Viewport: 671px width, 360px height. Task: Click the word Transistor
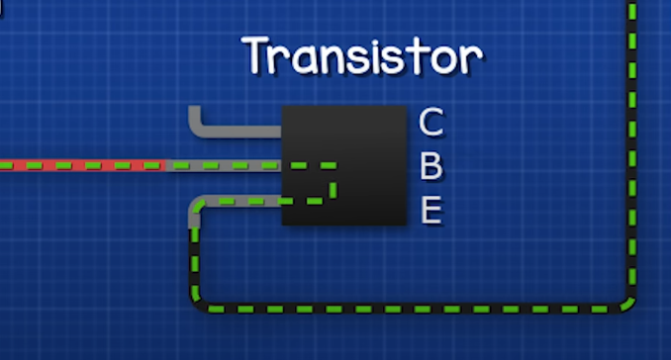tap(364, 56)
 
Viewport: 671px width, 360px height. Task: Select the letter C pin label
tap(431, 123)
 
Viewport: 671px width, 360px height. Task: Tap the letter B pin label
tap(431, 167)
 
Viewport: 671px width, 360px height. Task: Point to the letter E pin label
tap(431, 211)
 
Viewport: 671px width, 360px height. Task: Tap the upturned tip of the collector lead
tap(195, 113)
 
